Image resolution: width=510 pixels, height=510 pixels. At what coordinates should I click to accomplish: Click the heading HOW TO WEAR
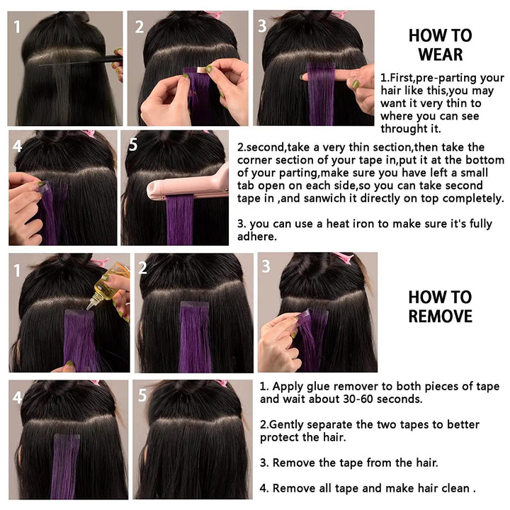(x=440, y=44)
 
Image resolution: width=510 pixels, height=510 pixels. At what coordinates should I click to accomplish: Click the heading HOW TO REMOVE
(x=440, y=306)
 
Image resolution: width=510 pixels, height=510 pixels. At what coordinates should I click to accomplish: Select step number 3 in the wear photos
(x=262, y=26)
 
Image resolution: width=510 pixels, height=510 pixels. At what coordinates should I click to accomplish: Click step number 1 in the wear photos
(x=18, y=27)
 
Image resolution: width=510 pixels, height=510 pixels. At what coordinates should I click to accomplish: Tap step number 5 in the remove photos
(x=142, y=395)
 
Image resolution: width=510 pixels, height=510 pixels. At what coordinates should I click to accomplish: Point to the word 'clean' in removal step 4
(x=453, y=487)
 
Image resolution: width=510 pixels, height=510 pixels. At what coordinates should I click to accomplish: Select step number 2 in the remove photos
(x=142, y=268)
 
